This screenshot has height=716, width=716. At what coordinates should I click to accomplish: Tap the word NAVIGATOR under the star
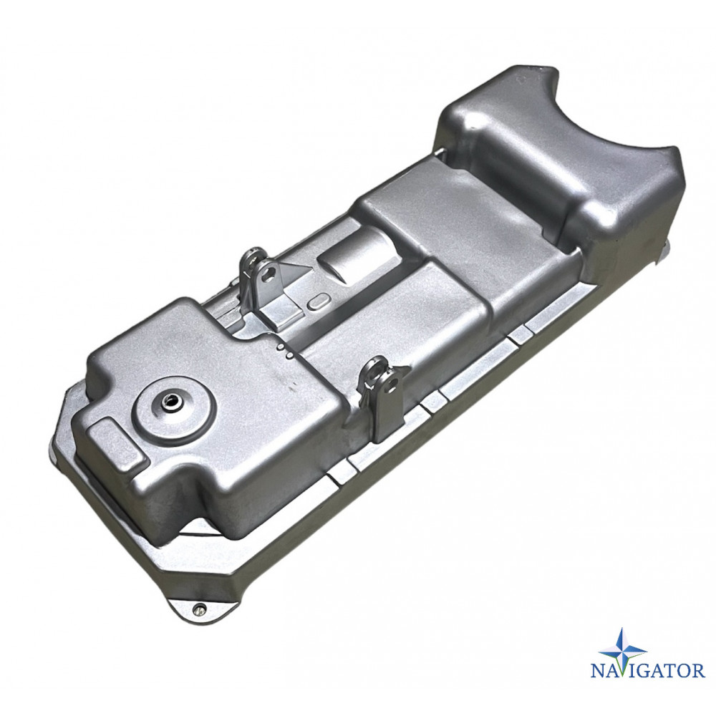pyautogui.click(x=647, y=672)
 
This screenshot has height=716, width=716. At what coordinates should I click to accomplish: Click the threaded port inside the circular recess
pyautogui.click(x=172, y=402)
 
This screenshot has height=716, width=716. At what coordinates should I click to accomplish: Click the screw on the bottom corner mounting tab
pyautogui.click(x=198, y=607)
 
